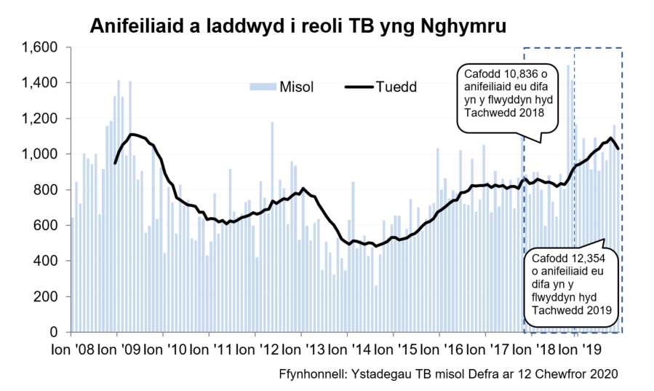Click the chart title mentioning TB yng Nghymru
[x=298, y=27]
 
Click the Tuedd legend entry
[x=396, y=87]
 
